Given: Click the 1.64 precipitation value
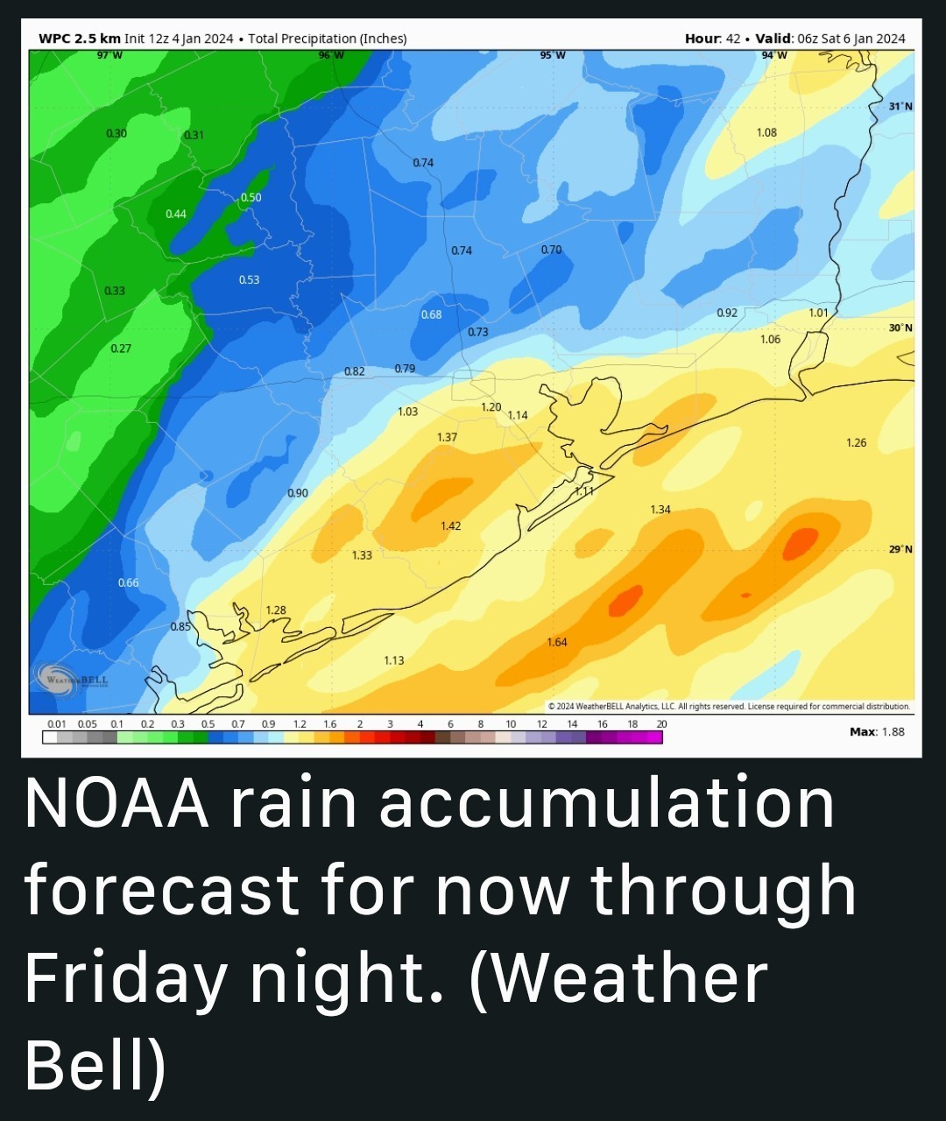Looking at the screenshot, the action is tap(557, 642).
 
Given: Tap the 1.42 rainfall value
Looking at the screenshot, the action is tap(450, 525).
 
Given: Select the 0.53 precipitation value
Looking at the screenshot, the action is tap(249, 279).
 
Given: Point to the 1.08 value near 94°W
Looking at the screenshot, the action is tap(766, 132).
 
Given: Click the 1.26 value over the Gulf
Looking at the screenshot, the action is tap(856, 442).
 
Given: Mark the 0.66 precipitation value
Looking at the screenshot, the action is tap(128, 582).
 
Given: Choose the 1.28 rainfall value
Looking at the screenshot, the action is tap(276, 610).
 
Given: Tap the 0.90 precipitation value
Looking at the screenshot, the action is tap(298, 493).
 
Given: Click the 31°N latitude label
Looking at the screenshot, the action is tap(900, 106).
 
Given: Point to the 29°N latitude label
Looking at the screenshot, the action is tap(900, 549).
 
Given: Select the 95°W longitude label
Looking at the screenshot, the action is tap(553, 55).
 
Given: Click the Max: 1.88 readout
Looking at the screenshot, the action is tap(877, 731).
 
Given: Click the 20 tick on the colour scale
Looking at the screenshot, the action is tap(661, 724).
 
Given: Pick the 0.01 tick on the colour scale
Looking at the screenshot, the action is tap(57, 724).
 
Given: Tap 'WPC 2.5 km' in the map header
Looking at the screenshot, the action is tap(80, 39).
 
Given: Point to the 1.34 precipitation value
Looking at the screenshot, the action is tap(660, 509).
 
